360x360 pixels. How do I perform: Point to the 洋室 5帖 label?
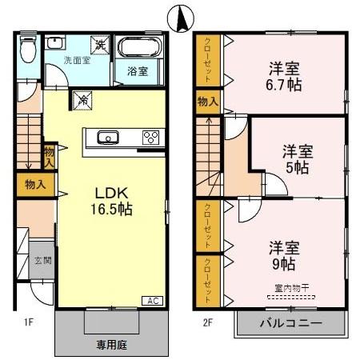click(x=297, y=159)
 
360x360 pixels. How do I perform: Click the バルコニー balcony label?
click(x=292, y=324)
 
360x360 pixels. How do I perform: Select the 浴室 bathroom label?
click(x=138, y=71)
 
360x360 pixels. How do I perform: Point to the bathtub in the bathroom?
click(x=140, y=48)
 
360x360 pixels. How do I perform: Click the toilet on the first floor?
click(x=26, y=50)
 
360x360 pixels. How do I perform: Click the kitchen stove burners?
click(x=150, y=137)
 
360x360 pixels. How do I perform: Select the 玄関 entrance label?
click(x=42, y=260)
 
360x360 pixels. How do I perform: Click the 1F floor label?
click(x=27, y=322)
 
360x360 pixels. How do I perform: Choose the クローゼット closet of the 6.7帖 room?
click(x=208, y=61)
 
